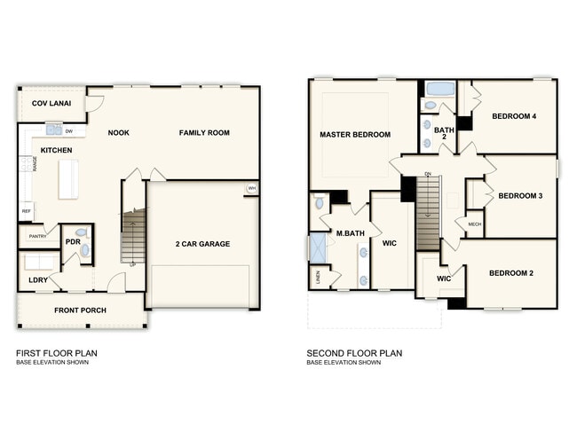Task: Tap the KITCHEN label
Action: pyautogui.click(x=56, y=151)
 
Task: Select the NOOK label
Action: pyautogui.click(x=119, y=133)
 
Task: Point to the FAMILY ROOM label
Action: pyautogui.click(x=204, y=133)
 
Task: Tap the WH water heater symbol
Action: pyautogui.click(x=251, y=189)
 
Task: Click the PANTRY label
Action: pyautogui.click(x=37, y=237)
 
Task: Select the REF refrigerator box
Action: pyautogui.click(x=26, y=211)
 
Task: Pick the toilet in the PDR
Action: pyautogui.click(x=85, y=251)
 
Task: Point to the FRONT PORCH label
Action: pyautogui.click(x=81, y=310)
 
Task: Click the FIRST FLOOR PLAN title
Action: pyautogui.click(x=57, y=353)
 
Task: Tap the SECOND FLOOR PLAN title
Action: pyautogui.click(x=354, y=353)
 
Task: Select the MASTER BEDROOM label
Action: pyautogui.click(x=355, y=135)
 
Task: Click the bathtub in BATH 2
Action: pyautogui.click(x=439, y=90)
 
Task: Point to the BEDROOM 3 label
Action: pyautogui.click(x=519, y=196)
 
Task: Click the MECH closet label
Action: pyautogui.click(x=474, y=224)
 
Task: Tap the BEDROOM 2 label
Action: pyautogui.click(x=511, y=273)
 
